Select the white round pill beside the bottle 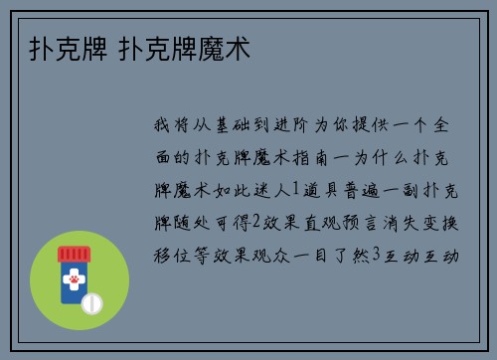[x=92, y=300]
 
